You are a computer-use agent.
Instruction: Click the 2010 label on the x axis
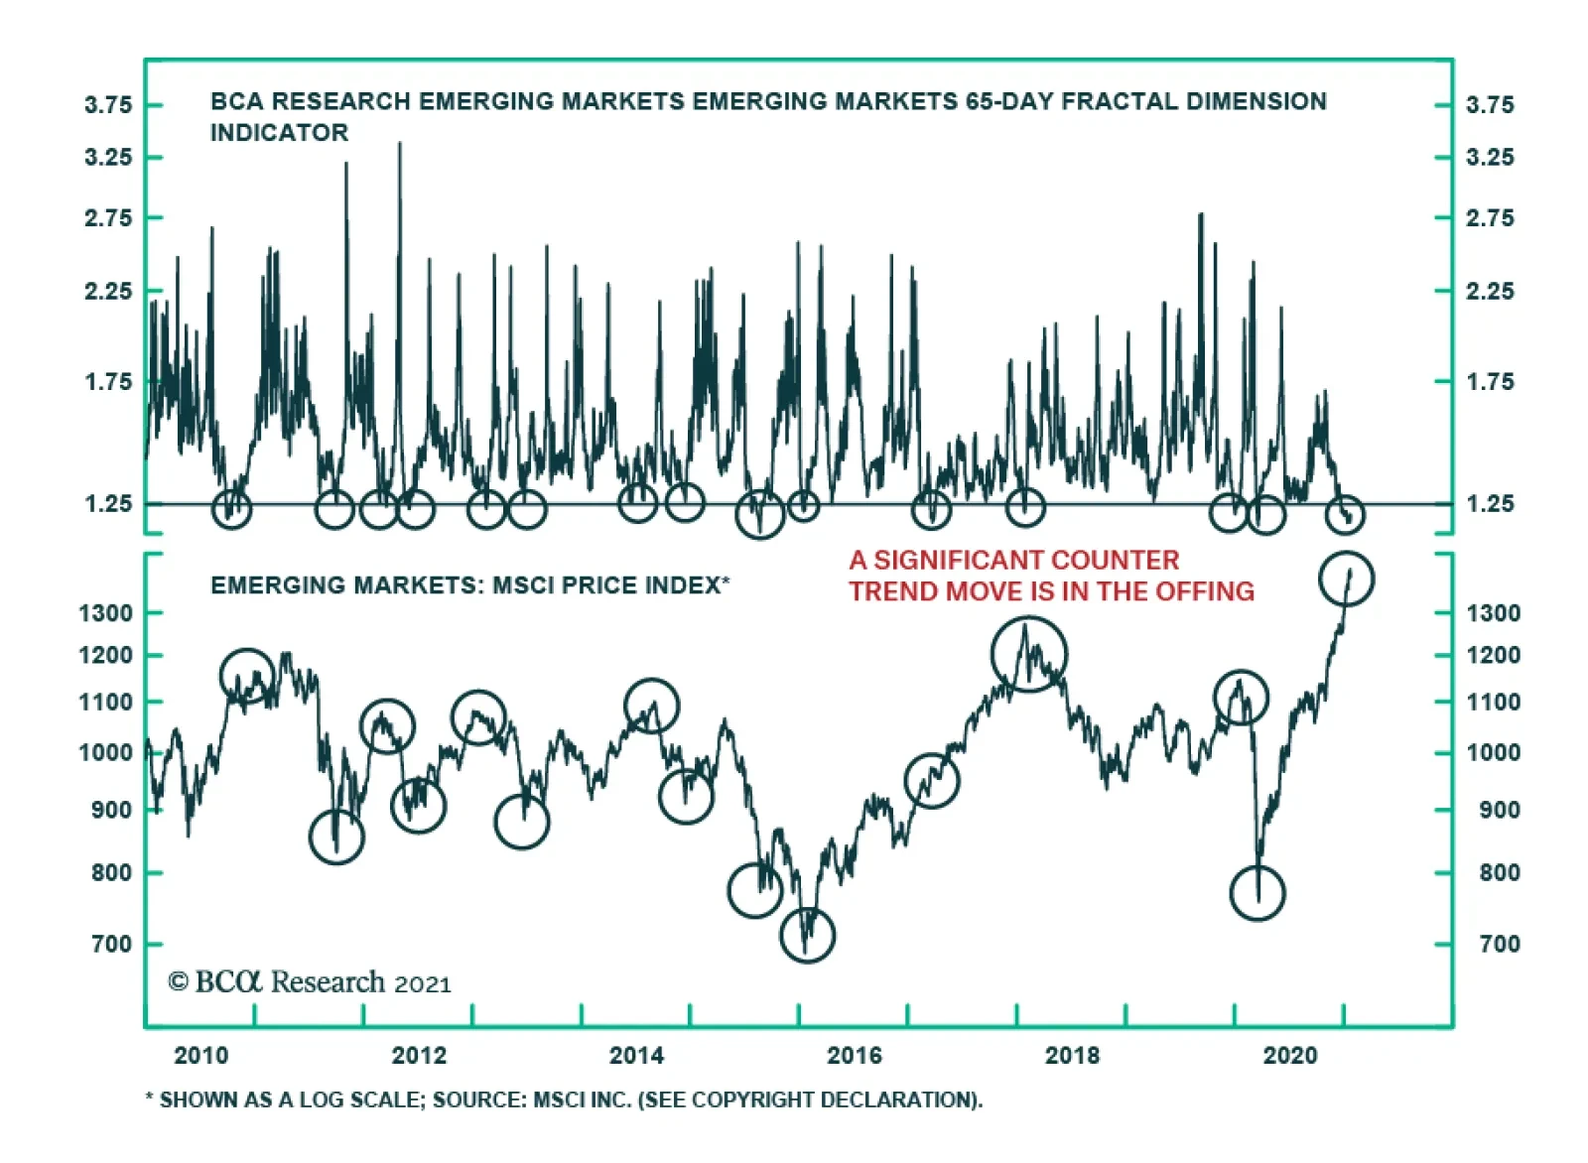tap(200, 1055)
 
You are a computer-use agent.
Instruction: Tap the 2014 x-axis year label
tap(636, 1055)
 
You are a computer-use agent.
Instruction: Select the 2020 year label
tap(1289, 1055)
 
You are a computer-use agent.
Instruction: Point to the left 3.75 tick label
tap(108, 105)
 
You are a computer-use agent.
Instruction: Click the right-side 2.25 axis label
tap(1490, 292)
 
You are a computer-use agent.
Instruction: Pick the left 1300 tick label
tap(105, 613)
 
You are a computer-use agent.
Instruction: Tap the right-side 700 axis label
tap(1499, 944)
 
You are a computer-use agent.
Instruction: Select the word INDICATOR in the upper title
tap(279, 133)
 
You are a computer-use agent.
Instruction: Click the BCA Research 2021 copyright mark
tap(310, 982)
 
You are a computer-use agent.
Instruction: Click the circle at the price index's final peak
tap(1346, 579)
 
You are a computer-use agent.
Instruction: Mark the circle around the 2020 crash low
tap(1257, 893)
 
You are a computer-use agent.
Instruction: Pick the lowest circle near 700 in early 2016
tap(807, 935)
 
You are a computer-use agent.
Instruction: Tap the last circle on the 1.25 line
tap(1345, 515)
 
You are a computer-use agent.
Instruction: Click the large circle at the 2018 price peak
tap(1029, 654)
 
